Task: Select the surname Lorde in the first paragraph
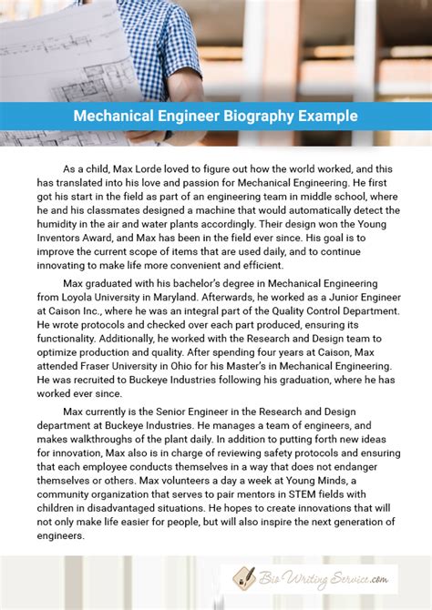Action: (160, 168)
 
